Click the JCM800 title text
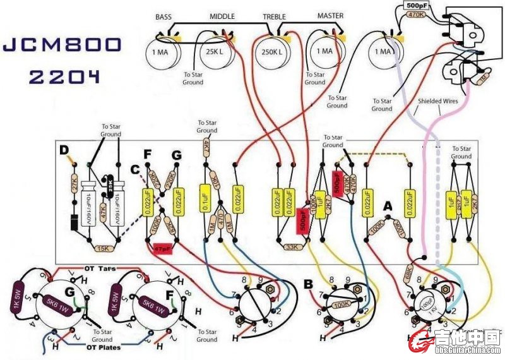(x=62, y=45)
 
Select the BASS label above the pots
(x=164, y=16)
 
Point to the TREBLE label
(x=274, y=16)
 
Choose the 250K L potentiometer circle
(x=271, y=52)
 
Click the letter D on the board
(x=63, y=150)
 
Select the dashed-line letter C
(x=134, y=169)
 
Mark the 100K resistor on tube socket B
(x=342, y=304)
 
